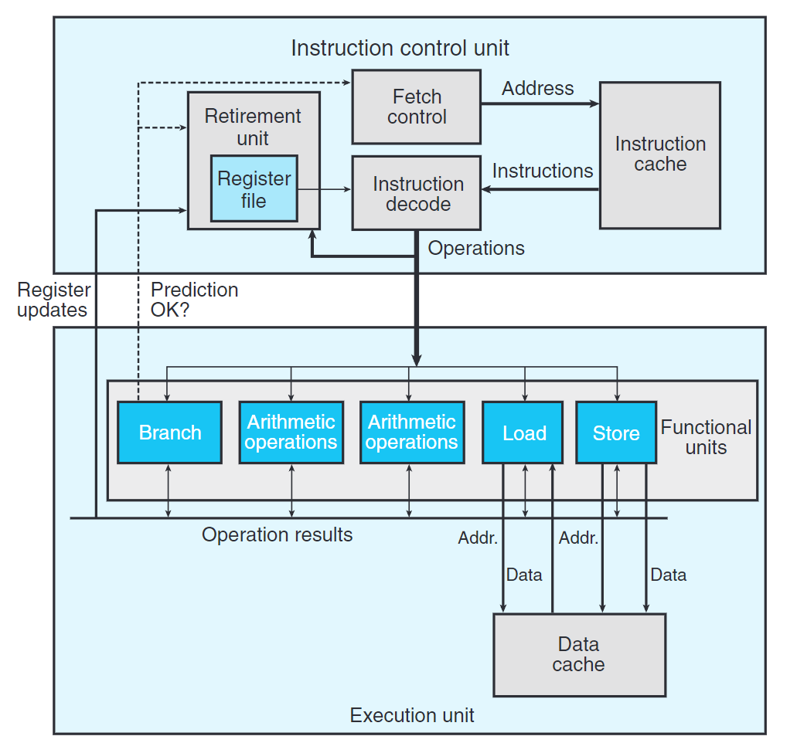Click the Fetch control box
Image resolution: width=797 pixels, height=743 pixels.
click(417, 107)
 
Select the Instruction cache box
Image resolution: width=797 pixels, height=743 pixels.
click(659, 154)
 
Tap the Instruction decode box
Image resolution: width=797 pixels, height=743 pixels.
click(417, 194)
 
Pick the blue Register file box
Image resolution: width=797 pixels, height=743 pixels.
click(254, 189)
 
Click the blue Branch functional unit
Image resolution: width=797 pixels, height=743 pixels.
click(169, 433)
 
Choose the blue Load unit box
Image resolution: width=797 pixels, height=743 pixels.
click(524, 433)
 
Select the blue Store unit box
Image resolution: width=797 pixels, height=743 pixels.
click(615, 433)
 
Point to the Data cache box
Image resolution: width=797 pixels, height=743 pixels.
click(578, 654)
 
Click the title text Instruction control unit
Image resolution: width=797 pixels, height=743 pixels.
click(400, 48)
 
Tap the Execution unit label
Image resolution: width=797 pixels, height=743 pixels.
click(412, 715)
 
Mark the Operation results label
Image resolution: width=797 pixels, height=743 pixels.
click(277, 534)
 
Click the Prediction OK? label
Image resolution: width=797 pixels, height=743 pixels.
click(194, 300)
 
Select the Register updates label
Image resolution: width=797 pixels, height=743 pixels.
click(53, 300)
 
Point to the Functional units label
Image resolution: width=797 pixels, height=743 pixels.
click(706, 437)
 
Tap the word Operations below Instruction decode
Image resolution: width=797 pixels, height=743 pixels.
click(476, 248)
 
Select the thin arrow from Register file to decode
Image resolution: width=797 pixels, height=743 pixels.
click(325, 189)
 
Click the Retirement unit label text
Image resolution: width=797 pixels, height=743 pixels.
click(253, 127)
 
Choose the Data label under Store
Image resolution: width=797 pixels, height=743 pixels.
click(668, 575)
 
